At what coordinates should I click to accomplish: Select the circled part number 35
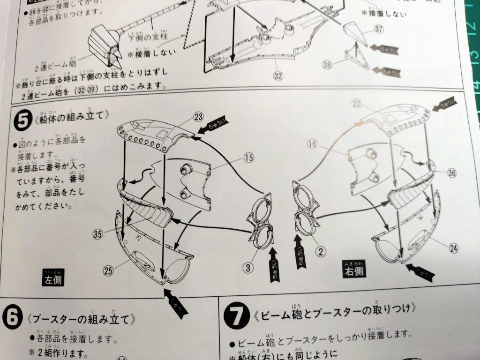pyautogui.click(x=97, y=235)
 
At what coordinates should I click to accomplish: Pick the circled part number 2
pyautogui.click(x=321, y=252)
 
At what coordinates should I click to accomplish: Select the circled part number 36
pyautogui.click(x=452, y=173)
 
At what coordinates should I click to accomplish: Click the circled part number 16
pyautogui.click(x=313, y=144)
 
